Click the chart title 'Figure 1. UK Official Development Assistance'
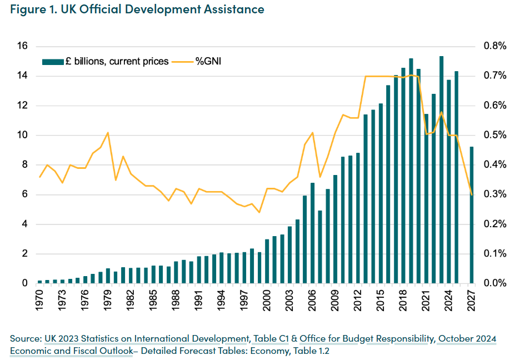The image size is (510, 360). [137, 9]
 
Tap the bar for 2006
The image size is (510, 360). [313, 233]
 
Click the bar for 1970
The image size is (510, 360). [39, 282]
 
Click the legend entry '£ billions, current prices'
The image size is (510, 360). [106, 62]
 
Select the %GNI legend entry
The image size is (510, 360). [197, 62]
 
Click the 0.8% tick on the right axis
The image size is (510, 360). [493, 46]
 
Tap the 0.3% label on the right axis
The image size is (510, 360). [493, 194]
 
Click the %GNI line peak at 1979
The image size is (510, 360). [108, 132]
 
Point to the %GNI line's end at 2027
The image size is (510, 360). [472, 194]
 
